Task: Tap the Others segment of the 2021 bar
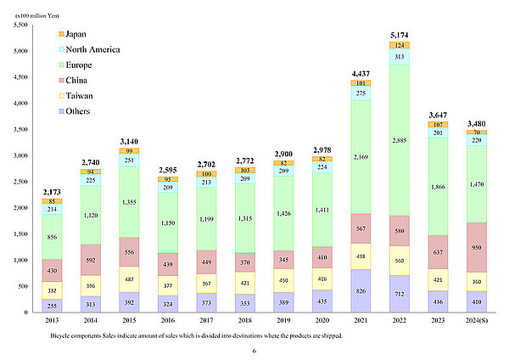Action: (360, 290)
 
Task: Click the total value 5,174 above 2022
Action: (400, 34)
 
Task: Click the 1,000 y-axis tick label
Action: (19, 260)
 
